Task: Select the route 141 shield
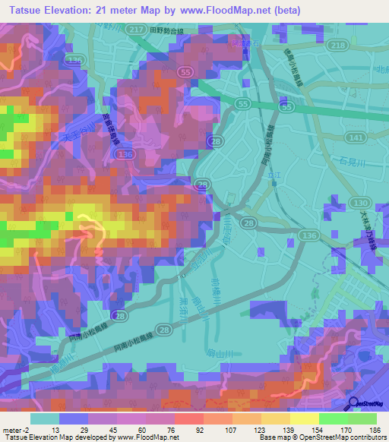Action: (356, 137)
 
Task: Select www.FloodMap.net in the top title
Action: (226, 10)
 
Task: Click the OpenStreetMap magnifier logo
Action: (354, 402)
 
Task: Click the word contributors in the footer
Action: (368, 437)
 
